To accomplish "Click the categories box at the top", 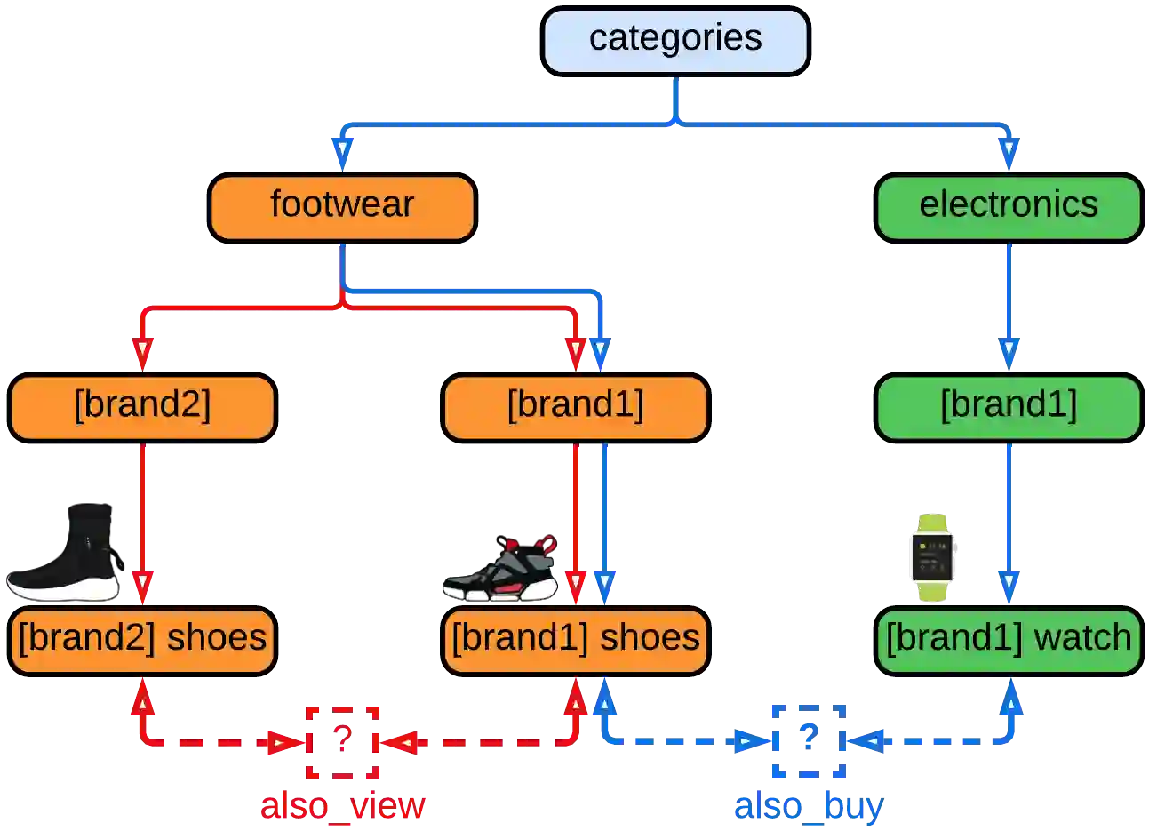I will (x=675, y=41).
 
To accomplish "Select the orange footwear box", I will (x=342, y=207).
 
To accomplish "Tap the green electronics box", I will (x=1009, y=207).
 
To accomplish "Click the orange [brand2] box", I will (x=142, y=407).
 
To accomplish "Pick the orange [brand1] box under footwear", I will (x=576, y=407).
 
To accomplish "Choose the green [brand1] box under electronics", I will (x=1009, y=407).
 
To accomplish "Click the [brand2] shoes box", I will (x=142, y=640).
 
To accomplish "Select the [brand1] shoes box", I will (x=576, y=640).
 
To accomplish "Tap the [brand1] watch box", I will (x=1009, y=640).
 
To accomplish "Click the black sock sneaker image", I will (x=67, y=557).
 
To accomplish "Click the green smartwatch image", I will (x=932, y=557).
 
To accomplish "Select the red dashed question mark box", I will (x=343, y=741).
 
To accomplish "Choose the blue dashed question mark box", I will (x=807, y=740).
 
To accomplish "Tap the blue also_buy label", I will (x=808, y=806).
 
